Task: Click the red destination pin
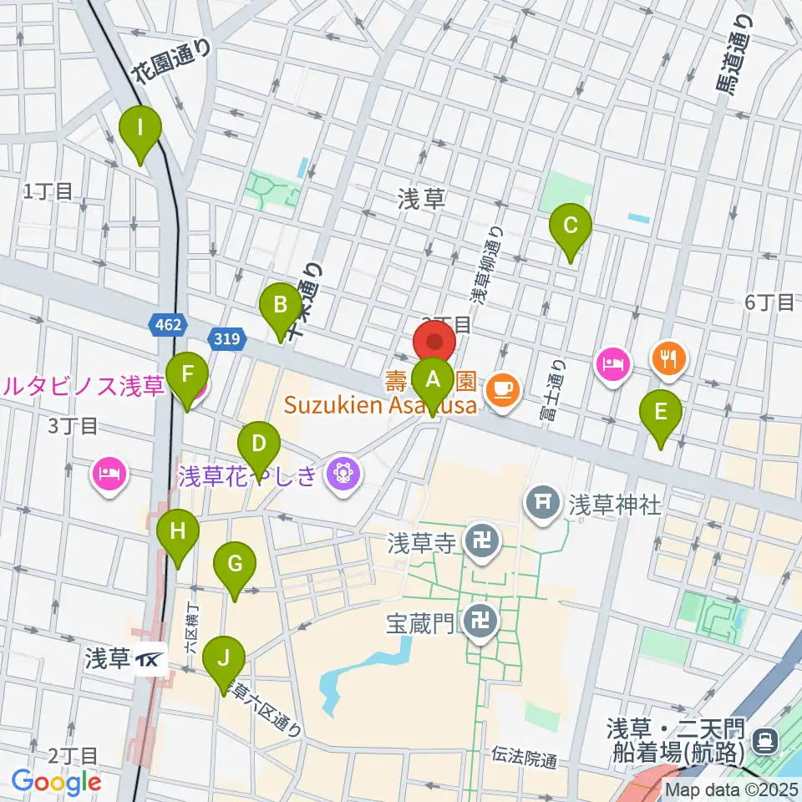[x=434, y=343]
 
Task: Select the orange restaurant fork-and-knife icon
[x=668, y=359]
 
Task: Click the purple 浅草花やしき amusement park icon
[x=343, y=475]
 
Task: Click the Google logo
[x=56, y=782]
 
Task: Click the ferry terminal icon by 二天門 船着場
[x=764, y=739]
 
